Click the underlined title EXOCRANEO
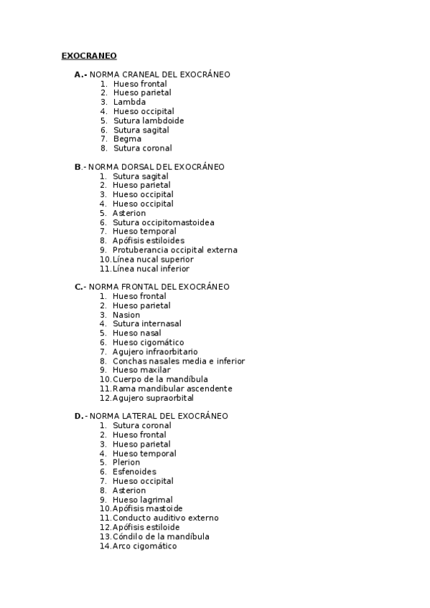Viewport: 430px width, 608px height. pos(89,55)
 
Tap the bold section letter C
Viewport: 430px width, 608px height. pos(78,287)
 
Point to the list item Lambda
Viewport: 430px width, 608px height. pos(129,102)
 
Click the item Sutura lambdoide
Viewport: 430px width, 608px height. pos(149,120)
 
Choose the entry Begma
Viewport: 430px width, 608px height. pos(127,139)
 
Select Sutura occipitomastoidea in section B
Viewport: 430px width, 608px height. pos(163,222)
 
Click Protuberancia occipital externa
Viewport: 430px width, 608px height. pos(174,250)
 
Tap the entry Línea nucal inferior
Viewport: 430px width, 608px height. pos(151,269)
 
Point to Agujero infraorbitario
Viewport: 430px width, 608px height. pos(155,352)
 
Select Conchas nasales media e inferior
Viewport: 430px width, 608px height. pos(179,361)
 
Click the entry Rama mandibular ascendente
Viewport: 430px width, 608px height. pos(172,389)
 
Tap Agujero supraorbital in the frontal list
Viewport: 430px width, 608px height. pos(153,398)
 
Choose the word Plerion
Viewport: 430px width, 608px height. pos(126,462)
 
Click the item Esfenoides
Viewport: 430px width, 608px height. pos(134,472)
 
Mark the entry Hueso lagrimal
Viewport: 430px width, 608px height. pos(142,500)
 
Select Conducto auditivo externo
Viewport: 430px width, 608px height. pos(166,518)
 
